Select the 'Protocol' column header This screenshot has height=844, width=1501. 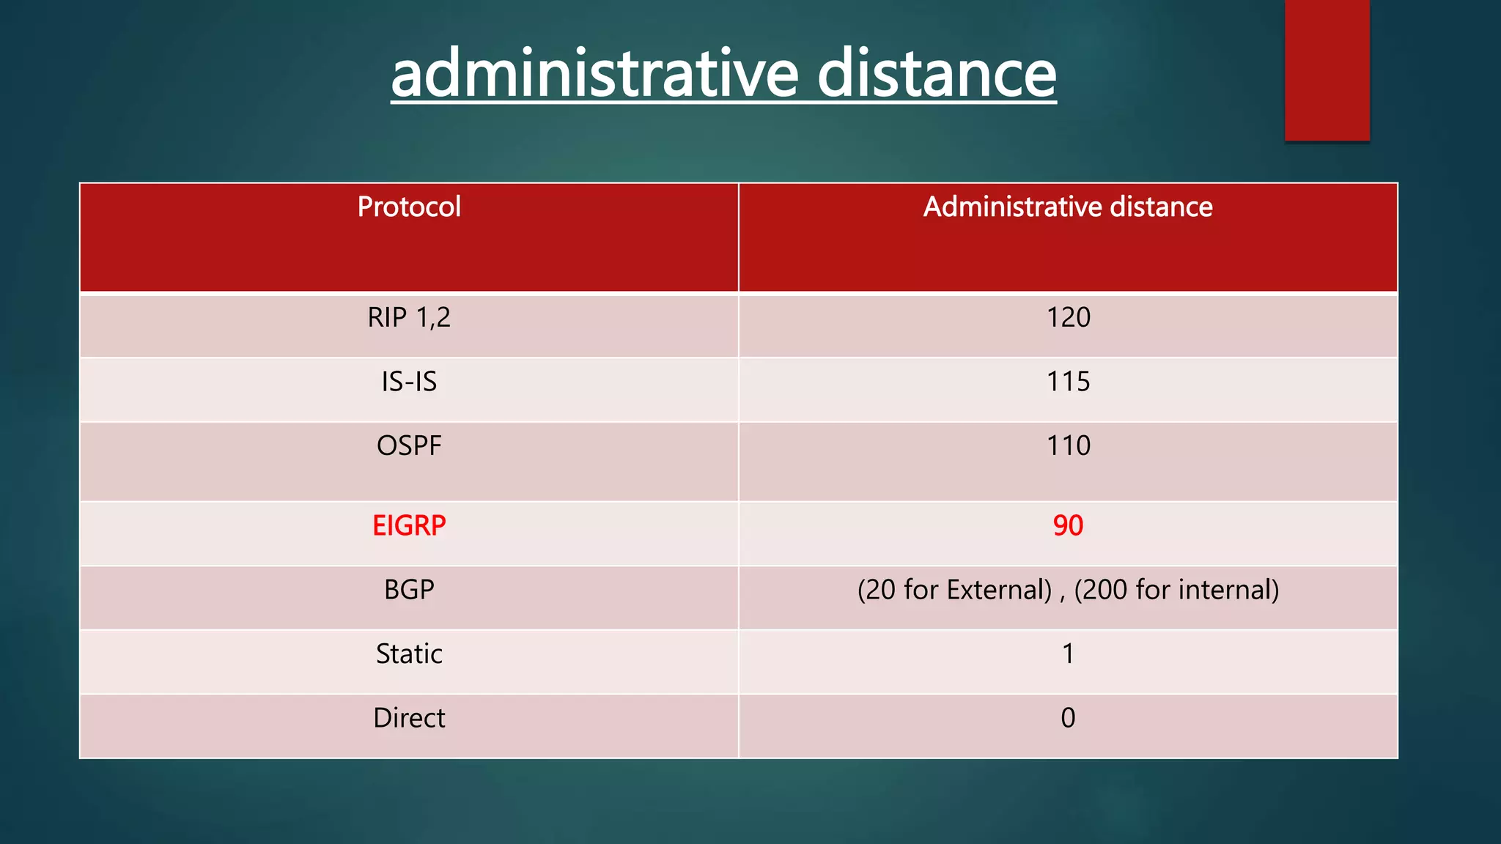[409, 207]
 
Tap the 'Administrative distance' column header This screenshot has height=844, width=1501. [1068, 207]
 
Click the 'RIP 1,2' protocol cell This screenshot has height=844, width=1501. [409, 318]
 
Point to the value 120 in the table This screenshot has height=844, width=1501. [1068, 318]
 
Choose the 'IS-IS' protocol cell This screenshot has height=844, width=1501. [409, 382]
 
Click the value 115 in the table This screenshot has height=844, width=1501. [1068, 382]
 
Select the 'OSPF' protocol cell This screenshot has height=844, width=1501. [409, 446]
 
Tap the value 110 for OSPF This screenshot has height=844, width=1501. [1068, 446]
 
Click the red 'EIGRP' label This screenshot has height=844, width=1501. [409, 526]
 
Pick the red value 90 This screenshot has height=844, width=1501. [1068, 526]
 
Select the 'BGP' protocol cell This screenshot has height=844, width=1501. [409, 590]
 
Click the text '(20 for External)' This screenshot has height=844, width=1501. [954, 590]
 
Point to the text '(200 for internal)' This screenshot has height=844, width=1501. [1176, 590]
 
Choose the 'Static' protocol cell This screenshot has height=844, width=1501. [409, 654]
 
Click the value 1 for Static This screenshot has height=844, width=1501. [1068, 654]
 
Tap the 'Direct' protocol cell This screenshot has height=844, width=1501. [409, 718]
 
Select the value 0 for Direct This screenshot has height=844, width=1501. [1068, 718]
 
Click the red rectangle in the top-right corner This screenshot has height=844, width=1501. [1327, 70]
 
